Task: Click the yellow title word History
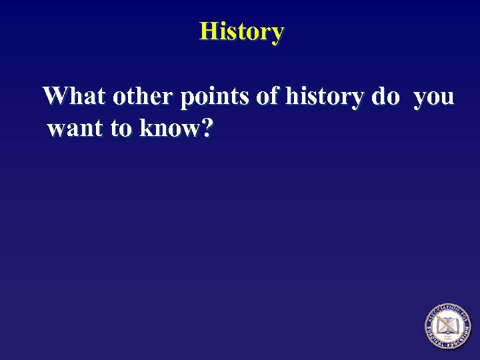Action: pos(241,31)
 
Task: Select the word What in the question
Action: pos(74,97)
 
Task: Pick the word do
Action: pos(385,97)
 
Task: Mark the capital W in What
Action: pos(56,97)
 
